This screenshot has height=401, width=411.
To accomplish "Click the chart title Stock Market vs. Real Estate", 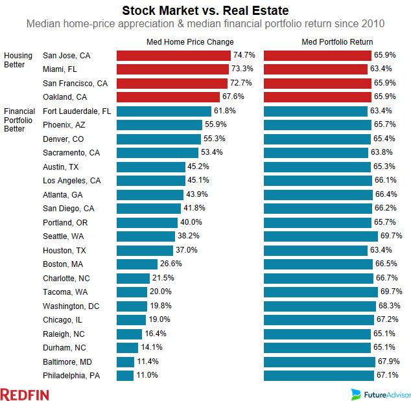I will point(205,10).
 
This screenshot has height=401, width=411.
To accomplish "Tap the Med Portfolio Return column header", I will point(337,42).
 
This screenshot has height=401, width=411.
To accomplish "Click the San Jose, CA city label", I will point(66,56).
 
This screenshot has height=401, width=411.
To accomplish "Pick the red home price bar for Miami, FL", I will point(172,69).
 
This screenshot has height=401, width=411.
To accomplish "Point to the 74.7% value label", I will point(244,56).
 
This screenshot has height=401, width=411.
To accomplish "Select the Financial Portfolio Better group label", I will point(19,120).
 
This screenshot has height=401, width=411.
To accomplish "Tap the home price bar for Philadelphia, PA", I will point(125,375).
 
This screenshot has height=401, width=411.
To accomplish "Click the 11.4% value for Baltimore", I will point(147,361).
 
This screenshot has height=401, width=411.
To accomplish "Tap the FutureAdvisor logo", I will point(379,393).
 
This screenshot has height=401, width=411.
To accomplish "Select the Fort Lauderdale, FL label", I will point(76,111).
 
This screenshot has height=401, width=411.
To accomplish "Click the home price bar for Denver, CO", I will point(159,139).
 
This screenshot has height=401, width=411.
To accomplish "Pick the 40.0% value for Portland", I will point(192,222).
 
